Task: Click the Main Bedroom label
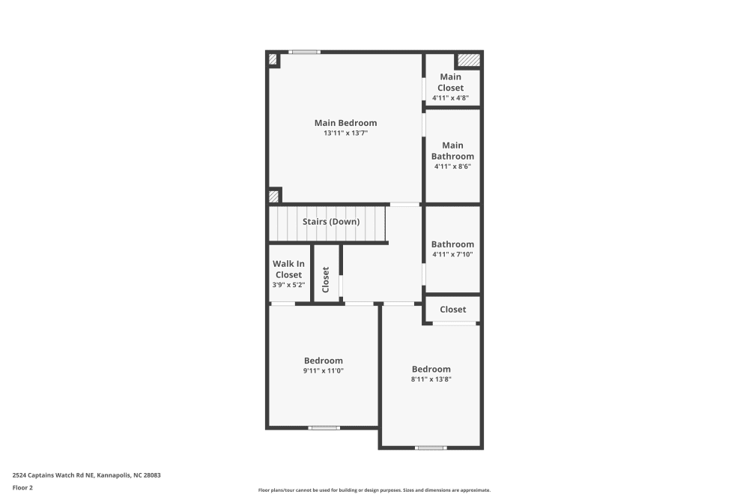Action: pos(345,123)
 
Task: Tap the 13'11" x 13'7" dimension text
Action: pos(345,133)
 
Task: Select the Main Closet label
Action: pos(452,82)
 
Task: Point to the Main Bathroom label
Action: pos(452,151)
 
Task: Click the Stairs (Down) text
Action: pos(331,222)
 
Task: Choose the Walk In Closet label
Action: pos(288,269)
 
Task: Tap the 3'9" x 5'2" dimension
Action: pos(288,285)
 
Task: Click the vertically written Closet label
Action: pos(326,280)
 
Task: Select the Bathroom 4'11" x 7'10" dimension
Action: pos(452,255)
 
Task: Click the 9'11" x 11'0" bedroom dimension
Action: pos(324,370)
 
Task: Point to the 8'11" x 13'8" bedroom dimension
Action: pos(431,379)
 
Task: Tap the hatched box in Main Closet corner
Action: pos(468,59)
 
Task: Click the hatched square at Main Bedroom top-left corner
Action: pos(273,58)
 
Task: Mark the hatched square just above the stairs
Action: pos(274,196)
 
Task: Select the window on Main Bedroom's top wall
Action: pos(305,52)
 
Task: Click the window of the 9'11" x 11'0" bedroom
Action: pos(324,428)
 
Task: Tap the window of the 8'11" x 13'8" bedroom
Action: pos(431,448)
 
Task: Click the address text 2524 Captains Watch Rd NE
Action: pos(87,475)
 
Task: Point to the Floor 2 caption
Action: pos(22,487)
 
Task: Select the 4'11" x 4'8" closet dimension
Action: pos(452,97)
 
